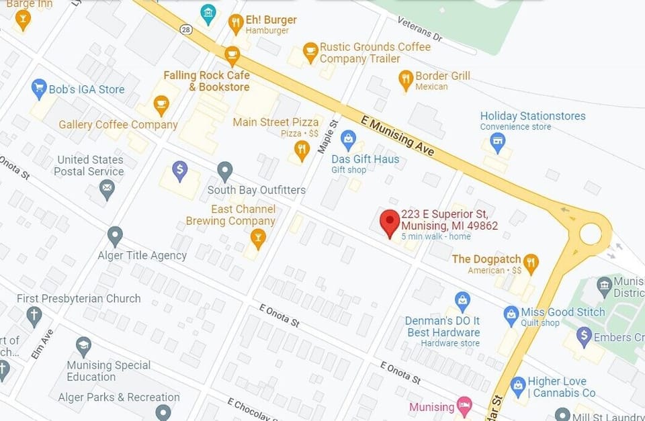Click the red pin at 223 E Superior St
click(x=390, y=222)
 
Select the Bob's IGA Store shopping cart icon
click(x=40, y=88)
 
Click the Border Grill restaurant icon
click(x=405, y=79)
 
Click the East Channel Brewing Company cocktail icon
click(x=257, y=237)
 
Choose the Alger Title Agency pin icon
click(x=115, y=236)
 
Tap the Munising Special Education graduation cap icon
click(x=83, y=347)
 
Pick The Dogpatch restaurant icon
click(x=531, y=263)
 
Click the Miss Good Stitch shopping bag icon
click(x=511, y=314)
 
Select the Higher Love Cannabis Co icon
click(x=517, y=385)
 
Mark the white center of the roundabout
click(x=590, y=234)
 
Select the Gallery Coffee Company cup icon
click(x=161, y=105)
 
